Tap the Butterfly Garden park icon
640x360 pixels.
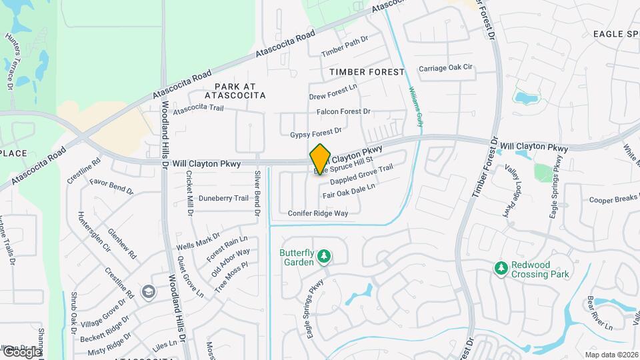pos(324,257)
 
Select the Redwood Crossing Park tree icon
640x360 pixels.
pos(501,268)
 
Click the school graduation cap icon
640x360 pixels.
pos(147,292)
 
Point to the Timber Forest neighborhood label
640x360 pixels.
pos(367,71)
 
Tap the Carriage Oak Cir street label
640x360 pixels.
pos(445,68)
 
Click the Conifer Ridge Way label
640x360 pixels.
pos(318,213)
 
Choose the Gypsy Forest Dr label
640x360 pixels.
pos(316,133)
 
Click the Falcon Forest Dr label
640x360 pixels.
pos(343,112)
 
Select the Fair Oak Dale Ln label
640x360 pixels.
pos(349,191)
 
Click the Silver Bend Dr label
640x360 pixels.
pos(257,193)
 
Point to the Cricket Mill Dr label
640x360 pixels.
pos(189,193)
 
